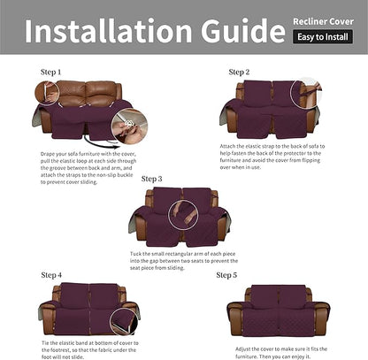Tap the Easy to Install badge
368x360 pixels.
point(326,37)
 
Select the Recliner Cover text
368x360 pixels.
point(326,19)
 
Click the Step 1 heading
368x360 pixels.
point(51,72)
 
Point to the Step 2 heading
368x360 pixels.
point(240,72)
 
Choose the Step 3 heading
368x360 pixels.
point(151,179)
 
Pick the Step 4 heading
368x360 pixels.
point(51,275)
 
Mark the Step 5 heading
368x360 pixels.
point(228,275)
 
